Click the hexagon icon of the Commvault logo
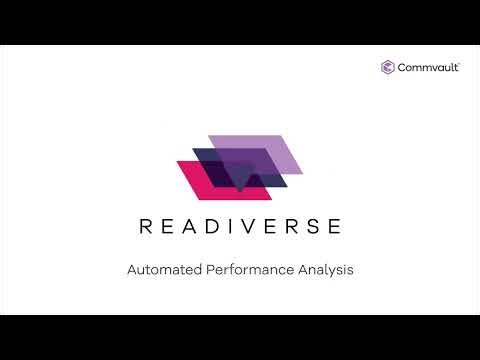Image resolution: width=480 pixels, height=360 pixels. pos(388,67)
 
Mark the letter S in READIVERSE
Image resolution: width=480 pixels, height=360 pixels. pos(313,226)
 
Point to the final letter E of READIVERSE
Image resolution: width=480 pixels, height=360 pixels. pos(335,226)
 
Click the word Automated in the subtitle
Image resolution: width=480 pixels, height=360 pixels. pos(162,270)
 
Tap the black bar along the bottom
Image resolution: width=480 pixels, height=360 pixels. pos(240,337)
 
